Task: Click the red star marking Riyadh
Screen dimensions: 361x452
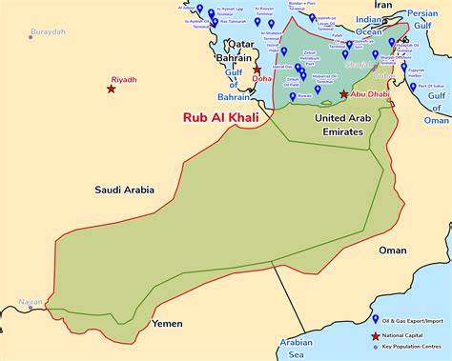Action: tap(112, 89)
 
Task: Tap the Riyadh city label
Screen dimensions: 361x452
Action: tap(125, 80)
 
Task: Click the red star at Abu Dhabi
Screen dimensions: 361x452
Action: tap(344, 94)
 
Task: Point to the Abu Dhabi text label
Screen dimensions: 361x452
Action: tap(371, 95)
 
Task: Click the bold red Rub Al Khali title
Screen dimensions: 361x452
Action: tap(220, 118)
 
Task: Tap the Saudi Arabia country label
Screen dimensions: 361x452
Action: tap(124, 190)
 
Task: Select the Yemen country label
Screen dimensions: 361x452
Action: tap(168, 323)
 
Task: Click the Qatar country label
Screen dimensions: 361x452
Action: tap(238, 44)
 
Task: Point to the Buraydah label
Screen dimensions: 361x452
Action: tap(50, 31)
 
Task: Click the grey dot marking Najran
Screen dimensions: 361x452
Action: tap(31, 308)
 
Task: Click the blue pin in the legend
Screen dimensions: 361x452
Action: tap(375, 319)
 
